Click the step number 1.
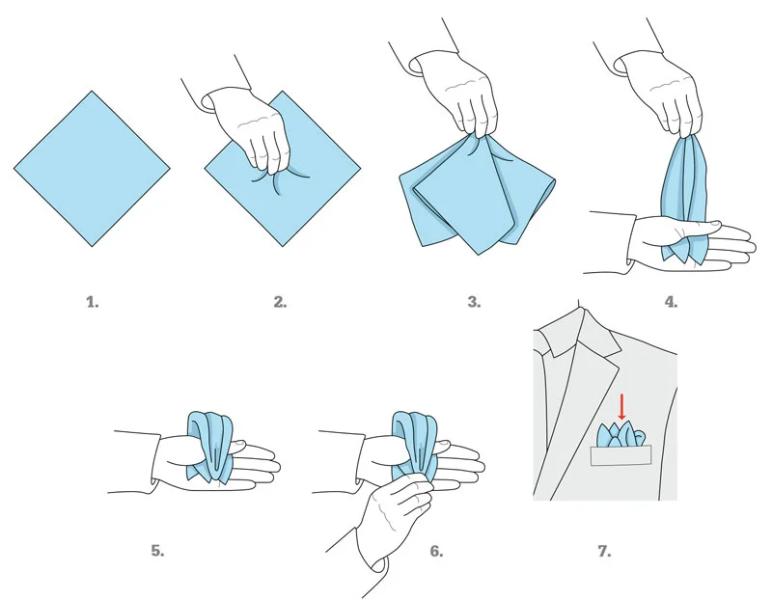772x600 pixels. (x=93, y=302)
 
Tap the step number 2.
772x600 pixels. (x=280, y=302)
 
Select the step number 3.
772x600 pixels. (x=474, y=302)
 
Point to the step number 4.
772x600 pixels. (x=671, y=302)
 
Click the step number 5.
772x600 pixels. (x=157, y=552)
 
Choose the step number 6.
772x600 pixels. (x=436, y=552)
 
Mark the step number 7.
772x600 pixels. (x=604, y=552)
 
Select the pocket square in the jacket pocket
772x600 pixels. (x=621, y=434)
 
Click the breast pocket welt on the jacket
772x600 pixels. (x=621, y=454)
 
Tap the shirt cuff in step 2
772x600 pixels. (x=206, y=100)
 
